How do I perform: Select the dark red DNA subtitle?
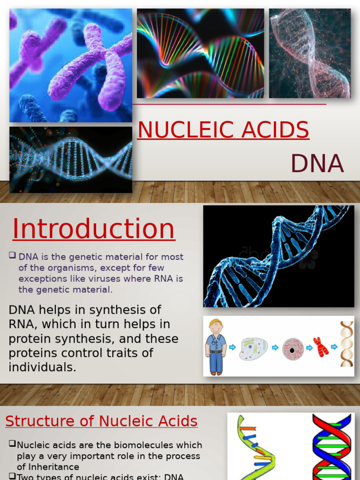[317, 164]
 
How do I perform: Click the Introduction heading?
[93, 229]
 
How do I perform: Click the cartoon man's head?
[216, 326]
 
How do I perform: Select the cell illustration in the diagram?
[253, 349]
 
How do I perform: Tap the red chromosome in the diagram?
[321, 347]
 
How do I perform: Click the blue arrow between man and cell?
[232, 348]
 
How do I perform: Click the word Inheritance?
[48, 467]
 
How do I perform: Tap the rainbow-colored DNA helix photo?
[200, 53]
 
